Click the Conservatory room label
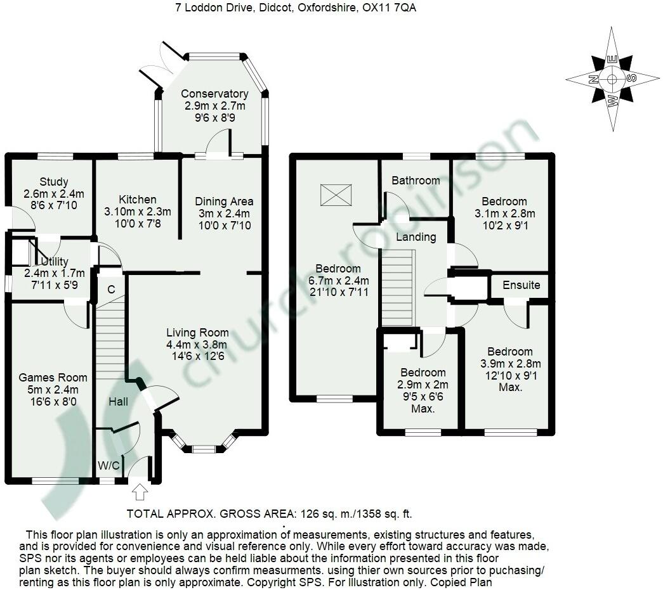point(214,94)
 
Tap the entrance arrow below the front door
point(140,491)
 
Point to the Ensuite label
point(522,285)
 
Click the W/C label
point(108,466)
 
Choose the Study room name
point(53,183)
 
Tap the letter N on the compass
point(591,80)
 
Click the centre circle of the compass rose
point(612,79)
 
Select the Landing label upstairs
point(416,237)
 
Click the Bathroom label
point(416,181)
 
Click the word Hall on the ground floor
point(118,402)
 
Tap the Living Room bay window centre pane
point(203,450)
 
